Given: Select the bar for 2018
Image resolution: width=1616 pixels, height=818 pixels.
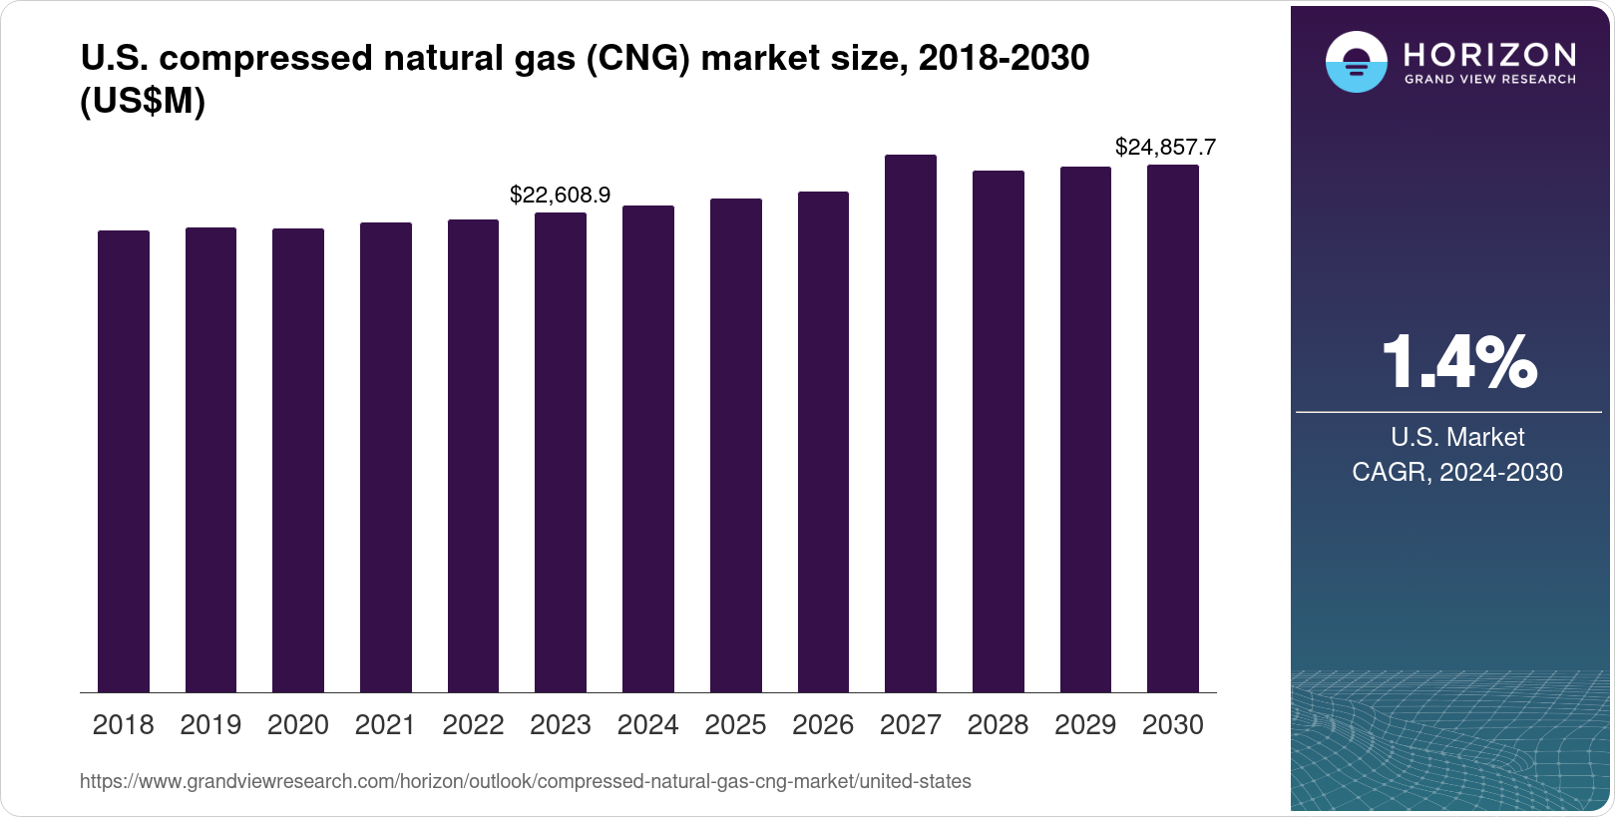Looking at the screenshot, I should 124,461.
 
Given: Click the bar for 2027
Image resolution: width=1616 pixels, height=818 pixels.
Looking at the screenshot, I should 910,424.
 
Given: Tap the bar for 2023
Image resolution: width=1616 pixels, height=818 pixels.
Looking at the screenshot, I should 561,452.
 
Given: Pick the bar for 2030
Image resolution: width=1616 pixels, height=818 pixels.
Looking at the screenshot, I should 1172,429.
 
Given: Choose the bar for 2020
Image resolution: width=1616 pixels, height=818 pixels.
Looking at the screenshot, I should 298,460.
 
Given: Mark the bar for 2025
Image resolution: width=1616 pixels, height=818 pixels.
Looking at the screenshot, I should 735,445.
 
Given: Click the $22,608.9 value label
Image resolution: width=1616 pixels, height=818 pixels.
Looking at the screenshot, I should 560,195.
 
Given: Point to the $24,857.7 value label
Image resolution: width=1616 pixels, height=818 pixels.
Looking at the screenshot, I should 1165,148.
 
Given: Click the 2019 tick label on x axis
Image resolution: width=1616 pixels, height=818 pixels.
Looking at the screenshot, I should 210,725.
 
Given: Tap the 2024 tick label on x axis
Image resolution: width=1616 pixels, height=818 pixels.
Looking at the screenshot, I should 647,725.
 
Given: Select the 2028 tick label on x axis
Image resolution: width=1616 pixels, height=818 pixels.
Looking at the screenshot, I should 998,725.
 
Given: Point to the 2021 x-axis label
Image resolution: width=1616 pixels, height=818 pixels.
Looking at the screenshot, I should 385,725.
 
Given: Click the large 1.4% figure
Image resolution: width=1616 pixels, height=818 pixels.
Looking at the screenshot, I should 1457,363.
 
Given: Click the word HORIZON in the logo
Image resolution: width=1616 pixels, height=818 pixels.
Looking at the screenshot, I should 1489,54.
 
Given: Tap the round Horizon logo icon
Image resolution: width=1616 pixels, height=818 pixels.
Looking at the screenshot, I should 1356,62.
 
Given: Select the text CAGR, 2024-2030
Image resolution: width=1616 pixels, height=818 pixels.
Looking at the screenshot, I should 1456,472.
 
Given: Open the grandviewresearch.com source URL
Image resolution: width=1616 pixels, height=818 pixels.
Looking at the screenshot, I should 525,781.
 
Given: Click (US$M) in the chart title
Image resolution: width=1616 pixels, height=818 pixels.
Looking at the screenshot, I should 143,102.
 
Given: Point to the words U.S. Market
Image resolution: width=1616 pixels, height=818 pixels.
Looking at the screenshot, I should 1457,437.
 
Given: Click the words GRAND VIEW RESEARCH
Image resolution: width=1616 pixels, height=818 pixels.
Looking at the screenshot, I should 1489,80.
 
